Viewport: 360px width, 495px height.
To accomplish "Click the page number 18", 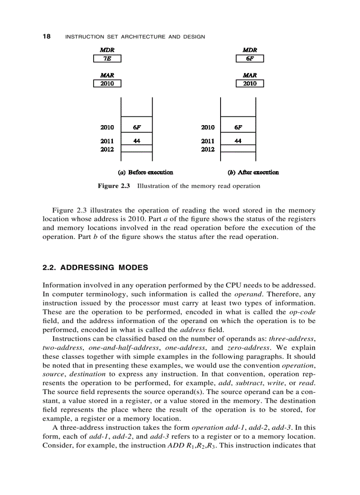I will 46,37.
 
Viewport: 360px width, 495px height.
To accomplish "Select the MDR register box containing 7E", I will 107,59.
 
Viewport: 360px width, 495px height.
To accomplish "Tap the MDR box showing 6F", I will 250,59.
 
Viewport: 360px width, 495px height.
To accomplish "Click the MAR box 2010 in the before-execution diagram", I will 107,84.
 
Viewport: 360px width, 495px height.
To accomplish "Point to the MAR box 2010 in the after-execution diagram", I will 250,84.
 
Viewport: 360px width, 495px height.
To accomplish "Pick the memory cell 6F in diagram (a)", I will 137,127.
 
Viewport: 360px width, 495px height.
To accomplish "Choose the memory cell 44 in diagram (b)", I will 238,141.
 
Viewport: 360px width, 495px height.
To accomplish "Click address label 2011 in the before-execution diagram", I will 107,141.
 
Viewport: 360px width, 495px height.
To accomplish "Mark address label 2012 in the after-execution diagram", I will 207,149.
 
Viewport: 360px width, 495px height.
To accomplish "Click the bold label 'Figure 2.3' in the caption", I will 114,186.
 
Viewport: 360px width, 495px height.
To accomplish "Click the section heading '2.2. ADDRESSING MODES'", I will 95,268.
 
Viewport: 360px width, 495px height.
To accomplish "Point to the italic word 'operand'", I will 246,294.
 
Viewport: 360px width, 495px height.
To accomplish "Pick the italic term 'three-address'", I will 294,338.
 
